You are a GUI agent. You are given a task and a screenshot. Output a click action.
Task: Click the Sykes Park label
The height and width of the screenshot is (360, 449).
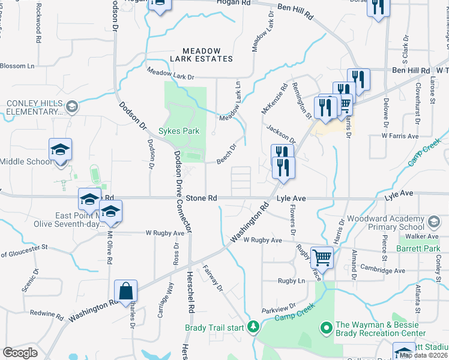(178, 131)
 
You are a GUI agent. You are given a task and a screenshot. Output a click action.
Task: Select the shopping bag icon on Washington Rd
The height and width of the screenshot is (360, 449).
(127, 292)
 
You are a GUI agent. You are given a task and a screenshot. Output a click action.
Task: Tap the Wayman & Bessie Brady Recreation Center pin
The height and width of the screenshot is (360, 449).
(327, 328)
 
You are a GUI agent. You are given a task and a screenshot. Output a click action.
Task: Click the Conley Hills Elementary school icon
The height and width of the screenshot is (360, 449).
(71, 107)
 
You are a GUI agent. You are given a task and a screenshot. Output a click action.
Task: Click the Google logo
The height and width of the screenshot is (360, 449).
(20, 352)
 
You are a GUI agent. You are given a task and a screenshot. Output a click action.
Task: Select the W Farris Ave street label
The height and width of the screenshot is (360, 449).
(400, 136)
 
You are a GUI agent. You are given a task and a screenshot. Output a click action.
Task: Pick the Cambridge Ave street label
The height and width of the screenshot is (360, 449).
(383, 270)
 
